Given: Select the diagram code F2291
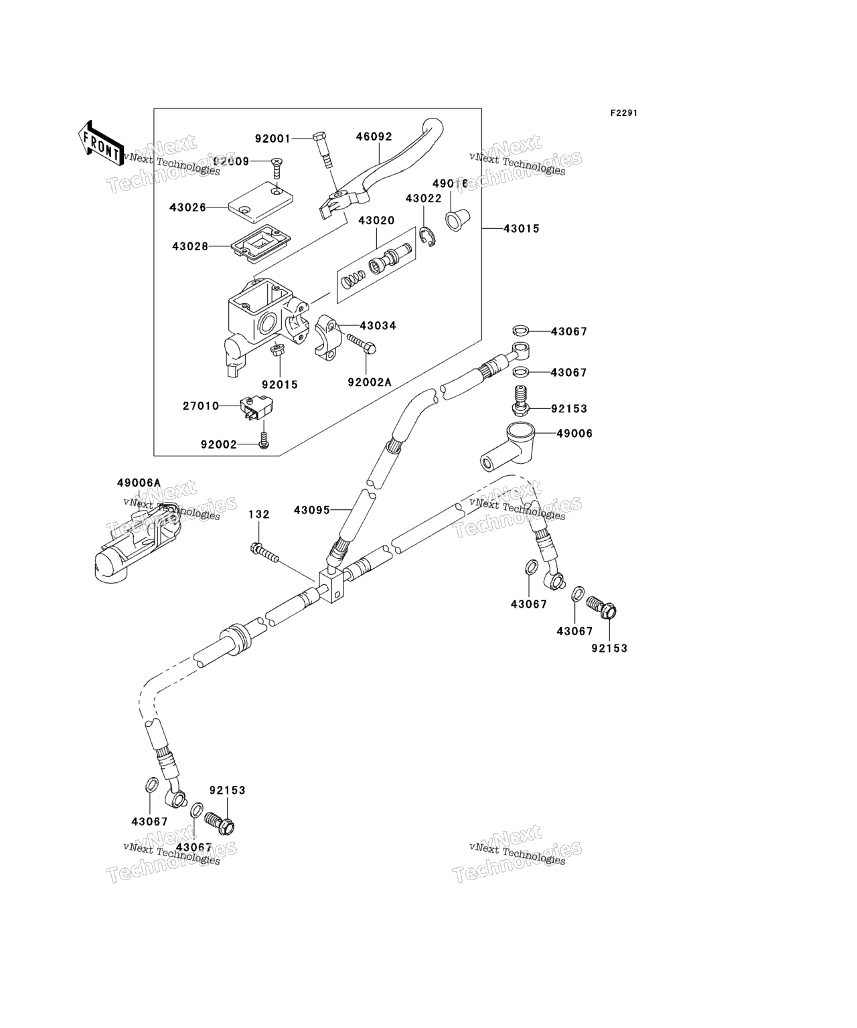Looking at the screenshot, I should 623,113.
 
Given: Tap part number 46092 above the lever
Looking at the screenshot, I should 374,137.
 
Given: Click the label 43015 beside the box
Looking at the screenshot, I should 521,229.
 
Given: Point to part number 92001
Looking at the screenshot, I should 272,139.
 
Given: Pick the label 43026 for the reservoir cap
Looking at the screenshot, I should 187,208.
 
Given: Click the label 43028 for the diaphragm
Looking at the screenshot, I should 190,246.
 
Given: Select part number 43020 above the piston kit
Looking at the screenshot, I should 376,220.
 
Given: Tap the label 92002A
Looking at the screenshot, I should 369,383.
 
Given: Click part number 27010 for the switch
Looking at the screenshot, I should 201,406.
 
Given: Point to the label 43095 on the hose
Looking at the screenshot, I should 312,510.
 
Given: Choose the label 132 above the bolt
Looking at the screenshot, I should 259,514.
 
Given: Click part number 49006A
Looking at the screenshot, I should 139,483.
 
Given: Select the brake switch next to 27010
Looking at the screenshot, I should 258,409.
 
